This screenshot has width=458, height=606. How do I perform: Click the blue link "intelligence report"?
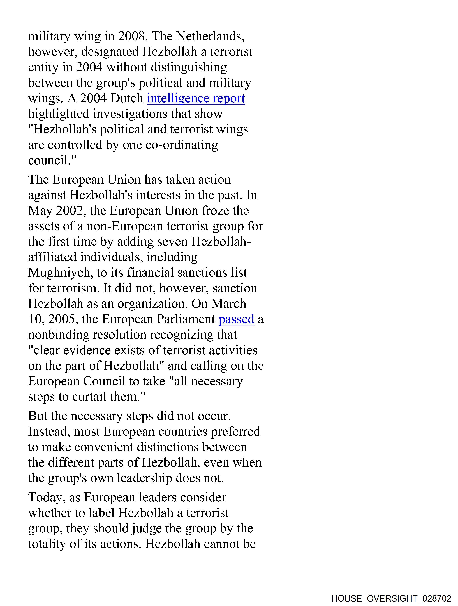click(x=196, y=99)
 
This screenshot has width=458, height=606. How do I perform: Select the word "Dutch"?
click(x=127, y=99)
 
